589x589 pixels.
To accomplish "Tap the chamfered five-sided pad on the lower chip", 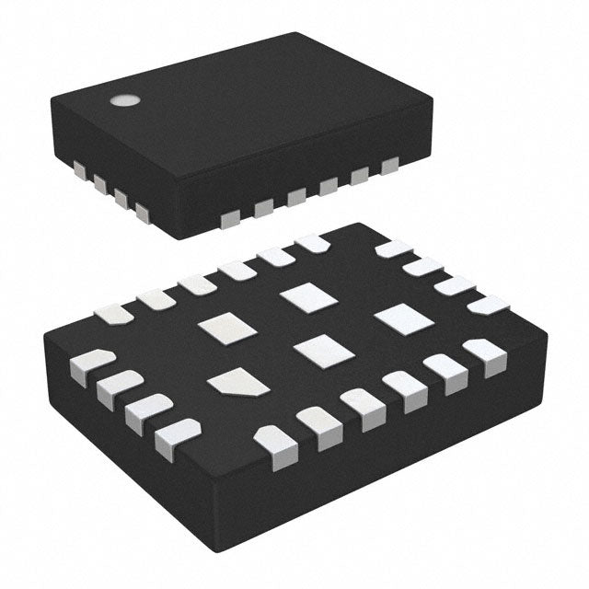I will pyautogui.click(x=237, y=382).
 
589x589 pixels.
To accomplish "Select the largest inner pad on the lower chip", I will pyautogui.click(x=403, y=318).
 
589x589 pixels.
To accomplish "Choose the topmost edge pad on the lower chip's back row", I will pyautogui.click(x=312, y=243).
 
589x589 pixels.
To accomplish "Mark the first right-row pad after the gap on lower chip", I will pyautogui.click(x=394, y=248).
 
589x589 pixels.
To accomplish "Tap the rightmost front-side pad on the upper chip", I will pyautogui.click(x=389, y=165).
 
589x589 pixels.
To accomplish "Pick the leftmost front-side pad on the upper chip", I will pyautogui.click(x=230, y=217).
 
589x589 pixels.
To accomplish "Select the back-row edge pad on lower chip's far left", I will pyautogui.click(x=113, y=314).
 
